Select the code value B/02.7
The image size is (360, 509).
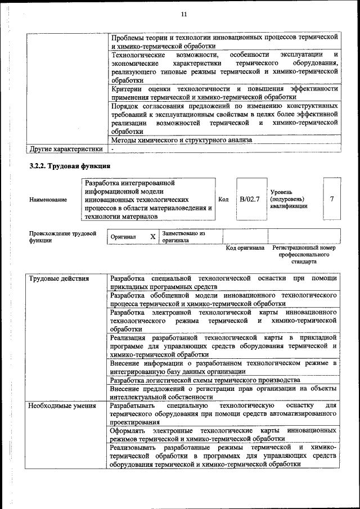[249, 199]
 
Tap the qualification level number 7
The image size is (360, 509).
[332, 199]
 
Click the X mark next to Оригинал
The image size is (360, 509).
[152, 237]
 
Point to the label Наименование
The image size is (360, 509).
[48, 200]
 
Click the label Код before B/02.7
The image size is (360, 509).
[223, 199]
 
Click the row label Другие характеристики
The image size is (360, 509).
[66, 149]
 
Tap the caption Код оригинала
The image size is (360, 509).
[245, 247]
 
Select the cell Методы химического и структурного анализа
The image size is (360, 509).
[181, 140]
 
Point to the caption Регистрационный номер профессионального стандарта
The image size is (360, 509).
[304, 254]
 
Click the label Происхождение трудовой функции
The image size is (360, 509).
[62, 236]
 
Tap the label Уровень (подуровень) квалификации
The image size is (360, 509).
[289, 199]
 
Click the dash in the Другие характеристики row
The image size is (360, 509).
[112, 149]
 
